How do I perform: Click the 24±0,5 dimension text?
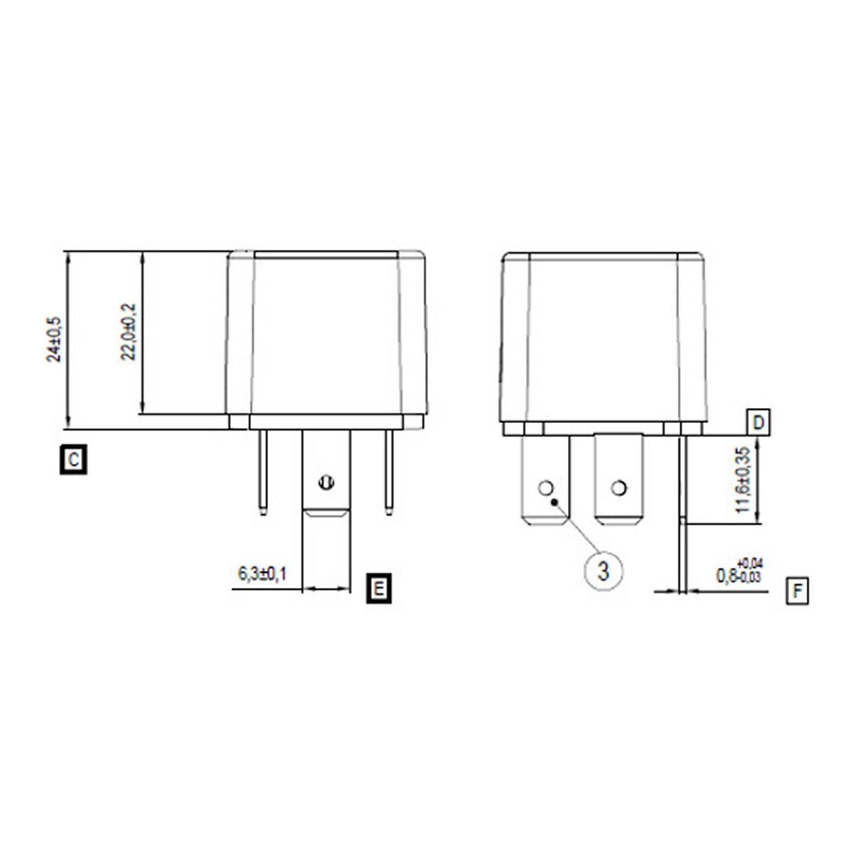[x=54, y=340]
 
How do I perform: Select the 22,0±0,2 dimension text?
[x=128, y=332]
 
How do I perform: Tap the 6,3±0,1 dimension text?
[x=262, y=574]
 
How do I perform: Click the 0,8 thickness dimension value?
[x=725, y=576]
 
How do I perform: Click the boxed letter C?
[x=73, y=460]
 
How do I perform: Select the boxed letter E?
[x=378, y=589]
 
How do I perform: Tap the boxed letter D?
[x=758, y=423]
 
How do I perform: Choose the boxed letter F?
[x=798, y=591]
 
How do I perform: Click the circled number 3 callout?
[x=603, y=572]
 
